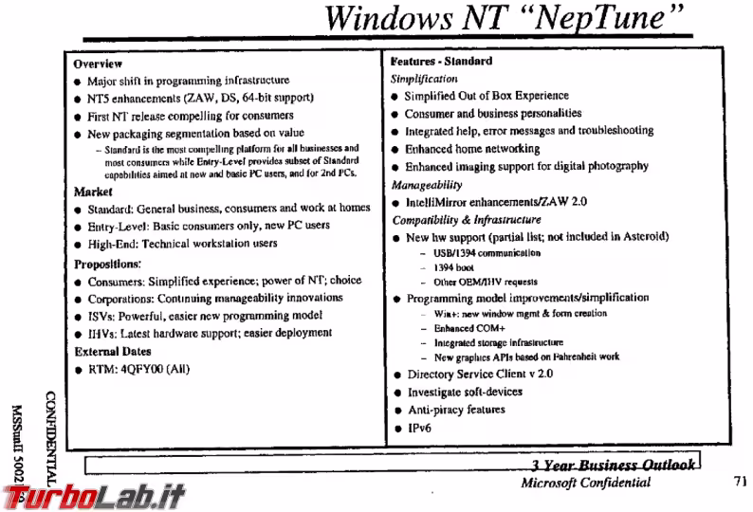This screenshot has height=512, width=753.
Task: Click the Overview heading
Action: (98, 64)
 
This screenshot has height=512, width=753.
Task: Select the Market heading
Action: (94, 192)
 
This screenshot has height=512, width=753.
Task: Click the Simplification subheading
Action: (426, 79)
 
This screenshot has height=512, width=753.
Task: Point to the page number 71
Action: (741, 482)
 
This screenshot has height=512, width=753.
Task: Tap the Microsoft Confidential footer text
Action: (586, 483)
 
